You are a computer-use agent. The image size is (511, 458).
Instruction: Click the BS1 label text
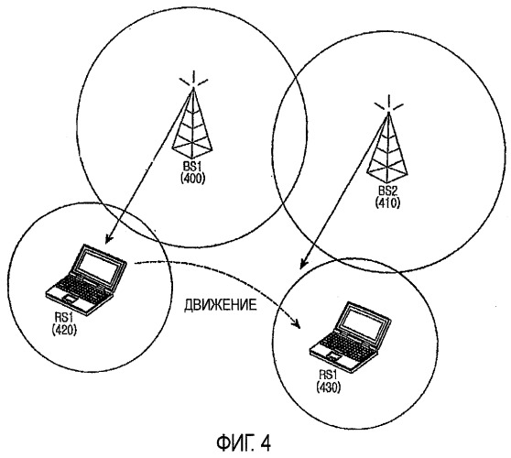[x=192, y=168]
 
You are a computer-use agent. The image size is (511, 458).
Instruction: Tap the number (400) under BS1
[x=192, y=179]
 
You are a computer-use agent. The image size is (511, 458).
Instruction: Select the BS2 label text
[x=387, y=191]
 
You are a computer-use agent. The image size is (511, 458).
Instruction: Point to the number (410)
[x=387, y=202]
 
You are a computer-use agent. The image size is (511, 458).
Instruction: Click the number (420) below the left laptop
[x=64, y=330]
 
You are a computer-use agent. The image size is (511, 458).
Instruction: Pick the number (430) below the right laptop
[x=328, y=387]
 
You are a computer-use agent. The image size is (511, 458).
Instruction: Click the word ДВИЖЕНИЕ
[x=221, y=305]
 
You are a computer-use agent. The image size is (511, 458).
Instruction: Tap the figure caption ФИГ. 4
[x=243, y=443]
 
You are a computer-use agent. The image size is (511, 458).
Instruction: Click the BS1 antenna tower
[x=192, y=124]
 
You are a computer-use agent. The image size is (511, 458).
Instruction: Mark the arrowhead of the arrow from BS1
[x=109, y=238]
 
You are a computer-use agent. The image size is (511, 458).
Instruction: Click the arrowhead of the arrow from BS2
[x=304, y=263]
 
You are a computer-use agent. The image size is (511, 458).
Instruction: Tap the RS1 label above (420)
[x=64, y=318]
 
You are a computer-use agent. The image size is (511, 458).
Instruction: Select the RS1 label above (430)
[x=328, y=375]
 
